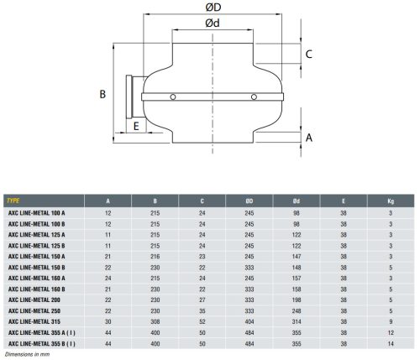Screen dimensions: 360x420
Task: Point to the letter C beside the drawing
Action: [309, 55]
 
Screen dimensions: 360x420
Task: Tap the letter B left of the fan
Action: [102, 95]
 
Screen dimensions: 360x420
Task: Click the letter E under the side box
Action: [134, 128]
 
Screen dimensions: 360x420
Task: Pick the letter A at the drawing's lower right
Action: [309, 137]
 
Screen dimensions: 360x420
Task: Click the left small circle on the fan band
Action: [173, 97]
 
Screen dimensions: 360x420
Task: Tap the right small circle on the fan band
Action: [255, 97]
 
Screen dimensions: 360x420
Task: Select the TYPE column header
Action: [14, 201]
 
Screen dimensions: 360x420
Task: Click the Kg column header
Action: [390, 201]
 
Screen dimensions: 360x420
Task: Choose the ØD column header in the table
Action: [248, 201]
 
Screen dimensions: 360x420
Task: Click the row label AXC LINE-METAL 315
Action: [34, 321]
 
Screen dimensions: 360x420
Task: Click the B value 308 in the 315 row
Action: [154, 321]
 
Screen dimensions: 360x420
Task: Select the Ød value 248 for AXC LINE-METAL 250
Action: [296, 309]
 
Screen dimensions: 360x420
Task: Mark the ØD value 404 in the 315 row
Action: [248, 321]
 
